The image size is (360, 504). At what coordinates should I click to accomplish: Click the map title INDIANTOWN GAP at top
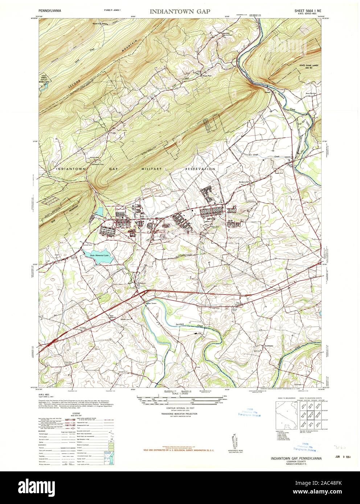click(180, 12)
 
